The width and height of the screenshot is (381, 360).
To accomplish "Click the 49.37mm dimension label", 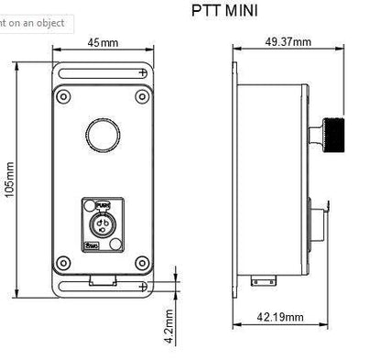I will [287, 42].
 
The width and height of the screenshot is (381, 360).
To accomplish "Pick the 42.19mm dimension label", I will [279, 317].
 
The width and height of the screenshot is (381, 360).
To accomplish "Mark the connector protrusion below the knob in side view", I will [318, 223].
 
